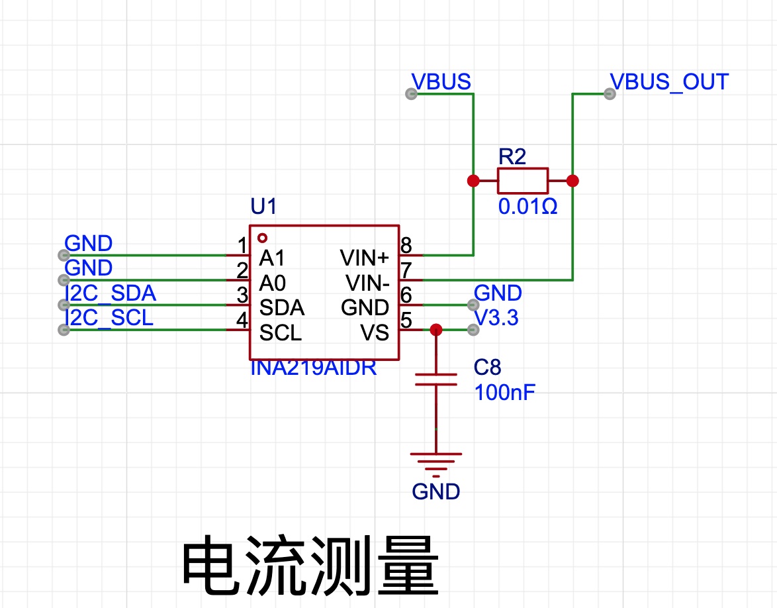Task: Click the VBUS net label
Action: [x=441, y=82]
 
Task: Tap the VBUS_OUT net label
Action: [x=669, y=82]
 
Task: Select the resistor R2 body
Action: [x=523, y=181]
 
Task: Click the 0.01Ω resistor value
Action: [x=527, y=206]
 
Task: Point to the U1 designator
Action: [x=263, y=206]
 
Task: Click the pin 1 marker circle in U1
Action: [x=263, y=238]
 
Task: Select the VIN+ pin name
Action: [x=365, y=258]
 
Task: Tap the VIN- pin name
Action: [x=367, y=283]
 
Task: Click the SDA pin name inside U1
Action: [x=281, y=308]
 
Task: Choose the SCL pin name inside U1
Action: [x=281, y=332]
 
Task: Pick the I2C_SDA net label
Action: [x=111, y=293]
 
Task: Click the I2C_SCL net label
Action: [x=109, y=318]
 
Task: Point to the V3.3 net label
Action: [x=496, y=318]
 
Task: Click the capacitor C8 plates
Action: [x=436, y=380]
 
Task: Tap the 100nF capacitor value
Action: [x=505, y=392]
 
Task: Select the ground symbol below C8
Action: [x=436, y=464]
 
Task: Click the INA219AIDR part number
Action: [x=313, y=368]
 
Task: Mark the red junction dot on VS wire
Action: [x=436, y=330]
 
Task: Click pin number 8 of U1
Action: [x=406, y=246]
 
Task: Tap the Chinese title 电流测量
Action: [x=310, y=566]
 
